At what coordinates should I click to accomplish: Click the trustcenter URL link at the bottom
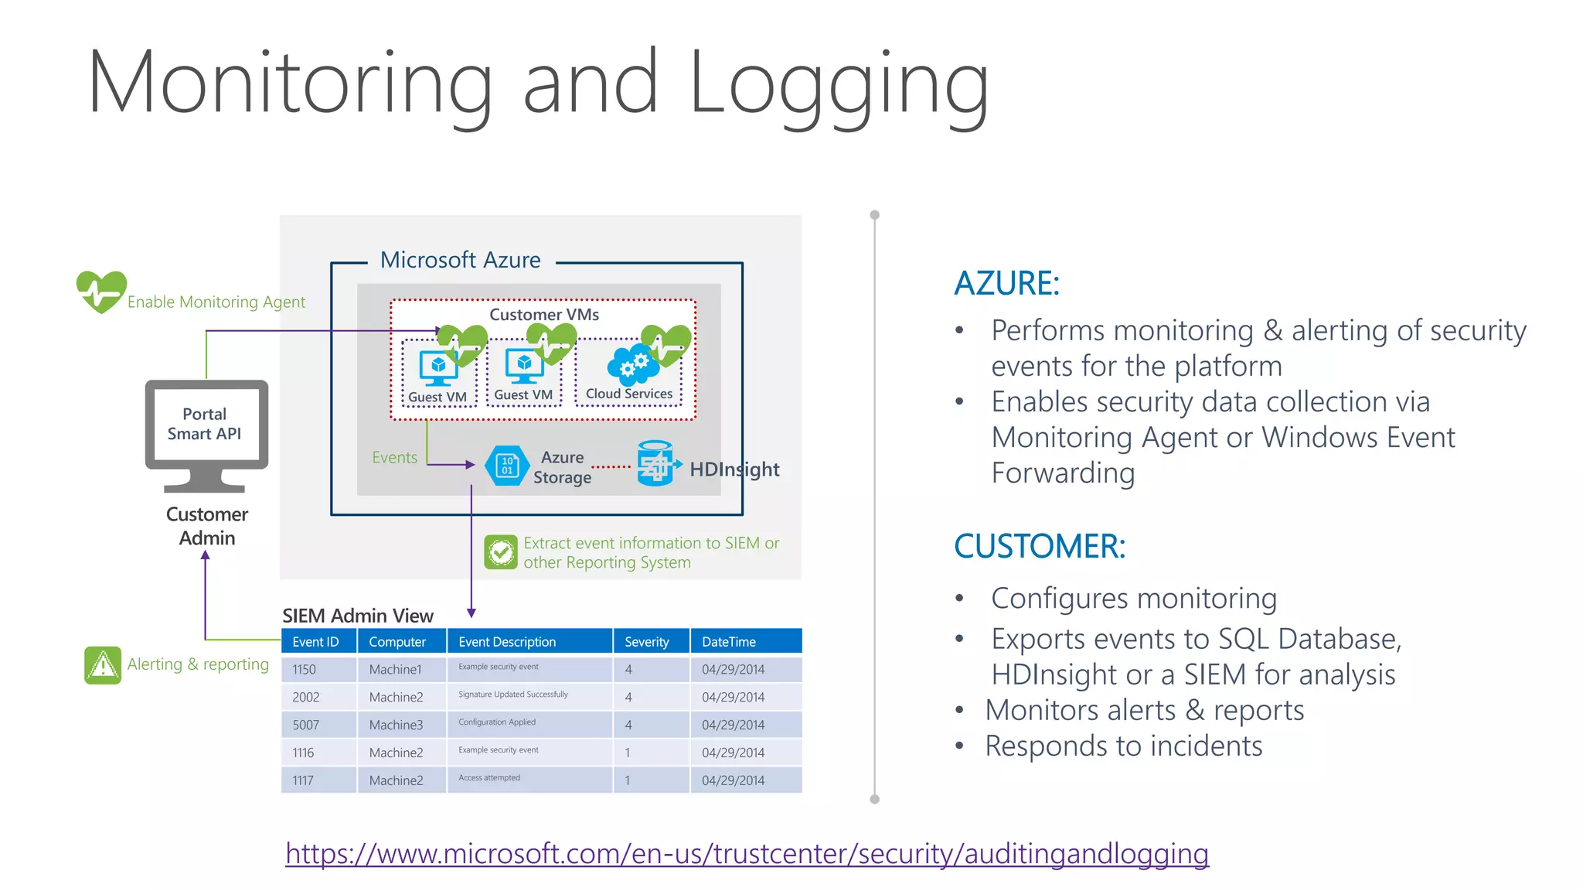(x=747, y=854)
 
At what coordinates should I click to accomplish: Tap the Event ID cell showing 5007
(x=306, y=725)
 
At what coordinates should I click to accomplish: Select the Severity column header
(x=647, y=642)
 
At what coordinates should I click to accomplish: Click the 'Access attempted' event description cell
(x=489, y=778)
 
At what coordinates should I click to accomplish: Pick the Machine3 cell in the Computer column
(x=396, y=725)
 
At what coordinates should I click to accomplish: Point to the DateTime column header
(x=729, y=642)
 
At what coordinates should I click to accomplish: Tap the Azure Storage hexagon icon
(x=507, y=466)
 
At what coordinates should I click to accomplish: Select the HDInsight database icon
(x=655, y=463)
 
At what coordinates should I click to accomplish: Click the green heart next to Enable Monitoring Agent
(x=101, y=292)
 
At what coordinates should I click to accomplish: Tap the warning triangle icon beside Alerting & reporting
(x=103, y=665)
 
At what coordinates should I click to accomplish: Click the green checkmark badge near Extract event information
(x=501, y=552)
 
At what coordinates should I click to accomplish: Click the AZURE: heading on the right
(x=1006, y=283)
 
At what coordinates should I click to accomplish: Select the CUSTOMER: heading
(x=1040, y=546)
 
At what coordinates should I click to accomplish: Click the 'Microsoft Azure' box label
(x=461, y=260)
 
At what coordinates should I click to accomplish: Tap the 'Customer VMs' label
(x=544, y=315)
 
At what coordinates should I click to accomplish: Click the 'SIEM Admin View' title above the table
(x=358, y=616)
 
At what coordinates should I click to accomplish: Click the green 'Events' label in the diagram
(x=394, y=458)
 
